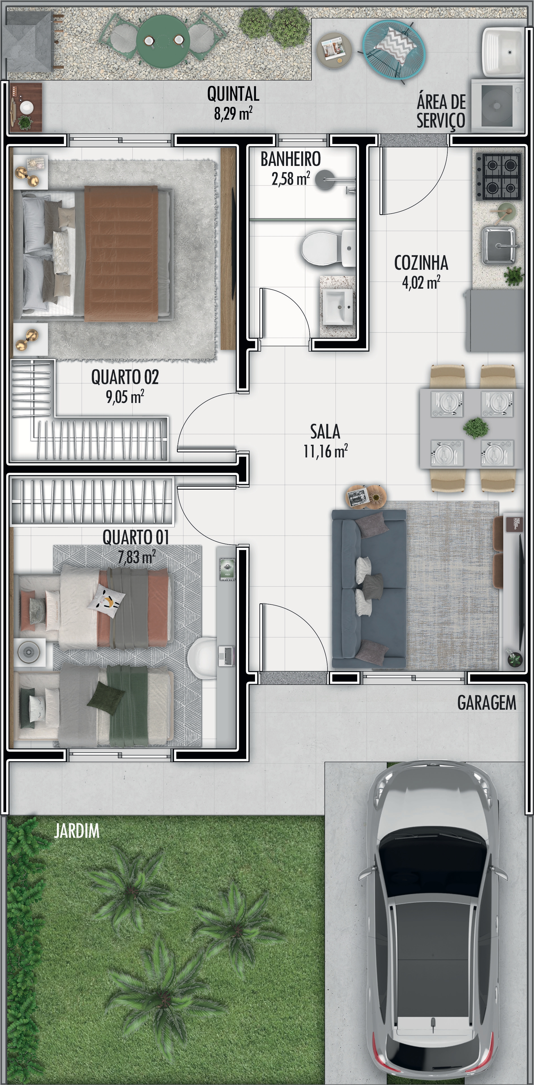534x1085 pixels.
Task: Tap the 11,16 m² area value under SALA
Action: (x=326, y=451)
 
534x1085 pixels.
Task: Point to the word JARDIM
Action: (x=77, y=831)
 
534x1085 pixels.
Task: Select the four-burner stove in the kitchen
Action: (x=498, y=176)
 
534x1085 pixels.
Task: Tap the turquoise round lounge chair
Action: (x=394, y=49)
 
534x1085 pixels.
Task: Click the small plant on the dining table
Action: (x=476, y=428)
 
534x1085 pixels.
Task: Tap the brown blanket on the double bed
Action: (x=121, y=254)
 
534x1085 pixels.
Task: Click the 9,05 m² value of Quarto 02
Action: (x=125, y=396)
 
